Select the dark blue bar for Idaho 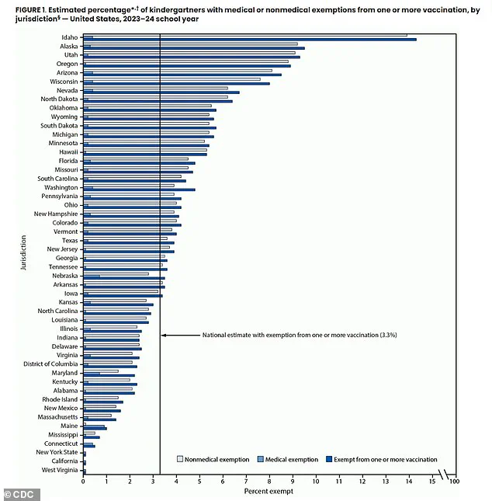248,40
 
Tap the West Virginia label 60,471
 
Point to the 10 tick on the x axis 316,482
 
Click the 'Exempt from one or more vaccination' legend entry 385,459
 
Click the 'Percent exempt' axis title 265,492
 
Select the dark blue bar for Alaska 194,48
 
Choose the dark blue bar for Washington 139,190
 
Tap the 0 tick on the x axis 83,482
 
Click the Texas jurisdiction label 69,240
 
